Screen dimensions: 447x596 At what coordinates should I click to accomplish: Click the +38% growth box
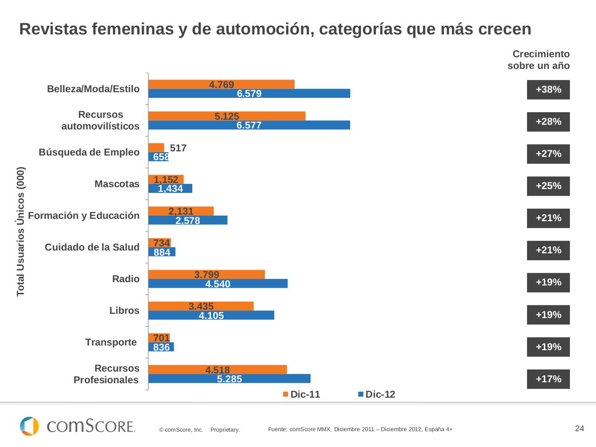[x=548, y=90]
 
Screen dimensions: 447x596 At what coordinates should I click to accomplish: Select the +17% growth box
[x=548, y=379]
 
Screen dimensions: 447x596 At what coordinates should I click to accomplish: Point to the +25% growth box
[x=548, y=186]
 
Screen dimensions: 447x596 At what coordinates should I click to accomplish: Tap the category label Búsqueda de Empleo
[x=89, y=152]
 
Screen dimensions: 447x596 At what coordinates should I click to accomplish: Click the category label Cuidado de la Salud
[x=92, y=247]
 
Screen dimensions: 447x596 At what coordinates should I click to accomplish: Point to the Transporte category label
[x=111, y=342]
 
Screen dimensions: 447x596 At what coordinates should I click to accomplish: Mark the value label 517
[x=178, y=148]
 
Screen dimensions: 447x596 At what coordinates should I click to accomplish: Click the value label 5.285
[x=230, y=379]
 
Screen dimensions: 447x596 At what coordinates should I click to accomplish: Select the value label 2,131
[x=181, y=211]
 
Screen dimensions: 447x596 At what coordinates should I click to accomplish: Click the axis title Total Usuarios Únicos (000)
[x=21, y=231]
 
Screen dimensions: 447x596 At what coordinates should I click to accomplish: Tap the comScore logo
[x=77, y=426]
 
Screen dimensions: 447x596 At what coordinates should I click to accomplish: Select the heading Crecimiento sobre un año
[x=538, y=60]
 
